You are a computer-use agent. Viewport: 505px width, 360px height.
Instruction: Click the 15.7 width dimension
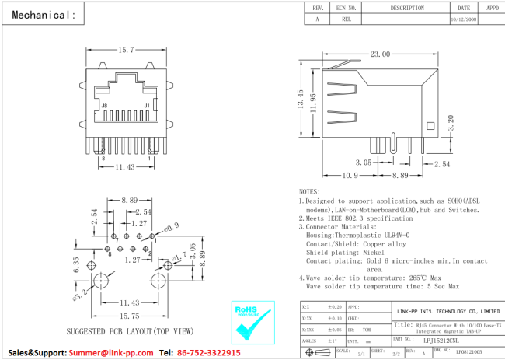[126, 50]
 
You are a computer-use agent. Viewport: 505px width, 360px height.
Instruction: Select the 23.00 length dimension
[380, 54]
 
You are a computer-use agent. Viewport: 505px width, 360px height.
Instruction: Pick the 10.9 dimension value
[350, 175]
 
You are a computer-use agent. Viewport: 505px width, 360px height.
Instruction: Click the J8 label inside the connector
[105, 105]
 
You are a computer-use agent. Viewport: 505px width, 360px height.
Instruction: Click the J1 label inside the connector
[147, 105]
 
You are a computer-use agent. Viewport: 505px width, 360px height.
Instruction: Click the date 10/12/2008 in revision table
[464, 21]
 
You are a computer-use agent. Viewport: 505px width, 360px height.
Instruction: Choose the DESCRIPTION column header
[406, 8]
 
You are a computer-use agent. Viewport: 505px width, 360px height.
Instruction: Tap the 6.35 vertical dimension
[76, 265]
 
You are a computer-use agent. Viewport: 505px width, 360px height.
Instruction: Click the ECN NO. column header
[347, 8]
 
